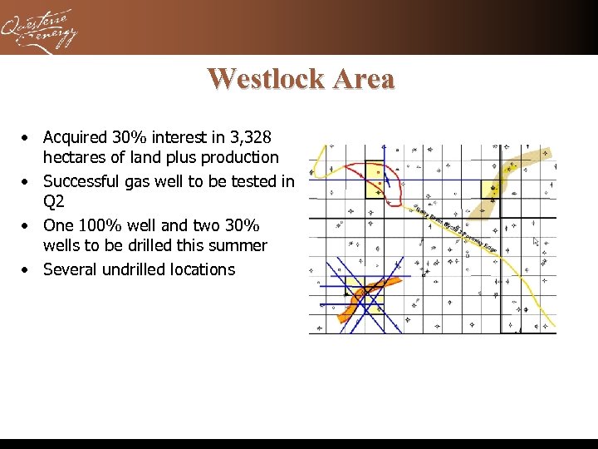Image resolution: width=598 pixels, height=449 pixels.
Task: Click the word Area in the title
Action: click(363, 78)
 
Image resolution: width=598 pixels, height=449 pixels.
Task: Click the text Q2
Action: click(54, 202)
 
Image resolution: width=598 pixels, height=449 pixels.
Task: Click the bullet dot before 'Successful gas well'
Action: click(27, 181)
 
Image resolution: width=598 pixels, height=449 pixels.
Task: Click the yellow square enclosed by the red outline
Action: click(375, 180)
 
